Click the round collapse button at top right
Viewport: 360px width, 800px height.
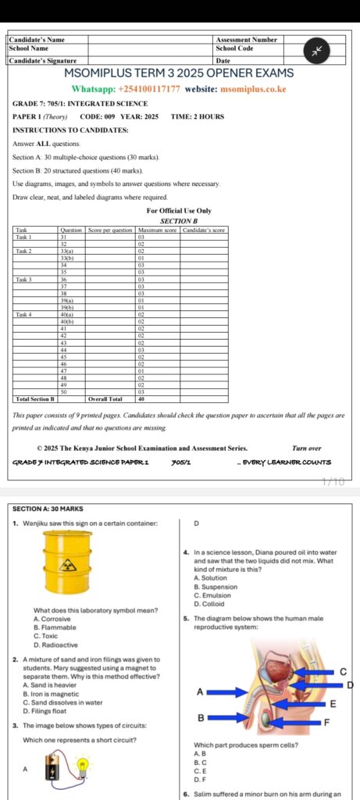318,50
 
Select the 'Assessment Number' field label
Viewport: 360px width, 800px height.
246,39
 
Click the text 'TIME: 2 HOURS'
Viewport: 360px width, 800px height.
197,116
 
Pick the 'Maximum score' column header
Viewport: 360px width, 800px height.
157,230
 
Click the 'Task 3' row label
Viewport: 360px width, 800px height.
24,279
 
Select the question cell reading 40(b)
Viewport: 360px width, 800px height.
67,321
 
